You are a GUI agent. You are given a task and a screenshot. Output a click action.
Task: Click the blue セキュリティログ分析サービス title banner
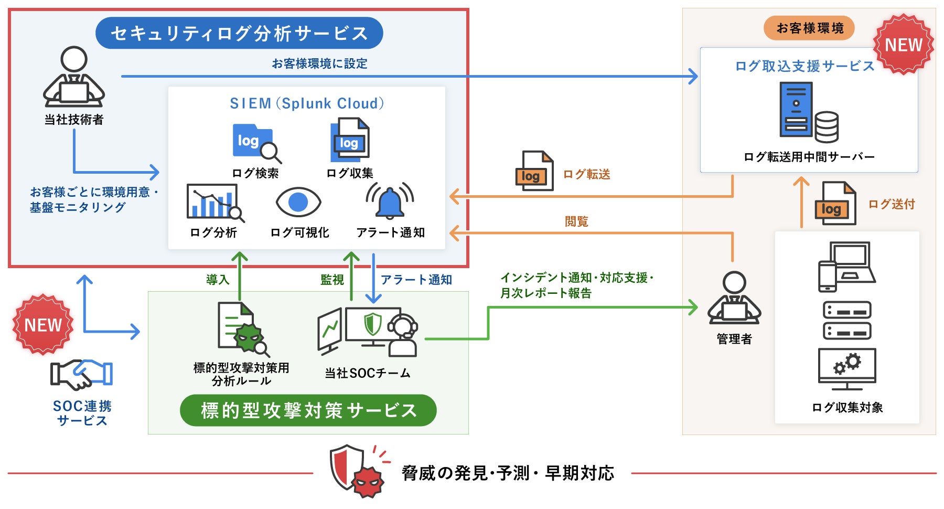(x=239, y=33)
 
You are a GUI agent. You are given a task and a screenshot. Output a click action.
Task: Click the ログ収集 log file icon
(x=350, y=140)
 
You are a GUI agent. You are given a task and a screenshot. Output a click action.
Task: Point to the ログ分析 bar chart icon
(x=215, y=203)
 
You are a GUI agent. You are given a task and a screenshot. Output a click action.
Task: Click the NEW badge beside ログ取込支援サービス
(x=904, y=45)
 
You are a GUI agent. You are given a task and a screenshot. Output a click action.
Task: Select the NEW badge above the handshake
(x=43, y=324)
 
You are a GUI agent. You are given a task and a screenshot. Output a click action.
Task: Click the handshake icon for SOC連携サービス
(x=82, y=375)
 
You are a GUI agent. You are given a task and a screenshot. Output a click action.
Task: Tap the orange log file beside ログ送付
(x=835, y=204)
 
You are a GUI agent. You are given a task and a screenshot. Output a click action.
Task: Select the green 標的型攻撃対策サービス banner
(x=308, y=410)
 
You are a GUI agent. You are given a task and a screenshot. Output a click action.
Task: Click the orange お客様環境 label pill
(x=809, y=28)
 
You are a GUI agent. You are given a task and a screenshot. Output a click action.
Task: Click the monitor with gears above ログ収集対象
(x=847, y=369)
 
